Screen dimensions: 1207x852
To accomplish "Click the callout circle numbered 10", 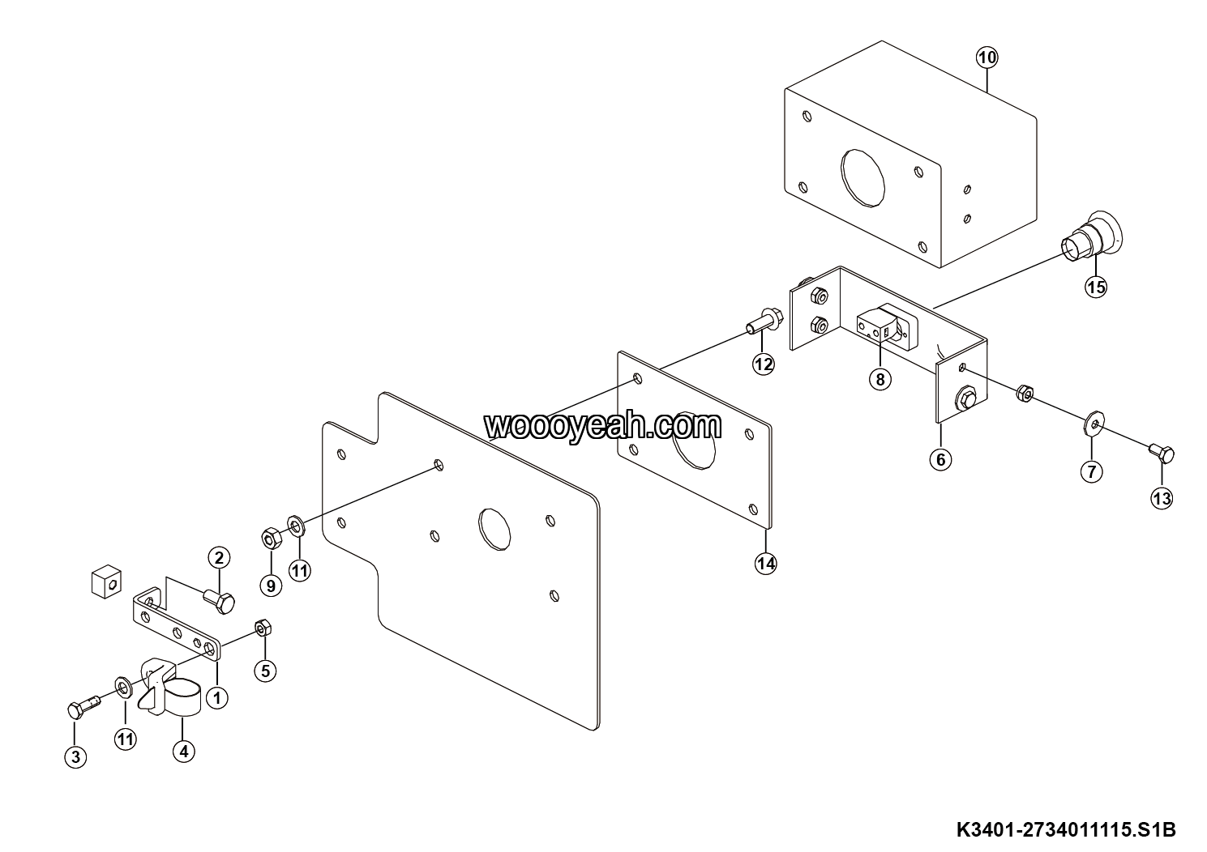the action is point(987,58).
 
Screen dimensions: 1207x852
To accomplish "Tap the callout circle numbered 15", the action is point(1096,287).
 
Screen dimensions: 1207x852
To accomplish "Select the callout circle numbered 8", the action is point(880,380).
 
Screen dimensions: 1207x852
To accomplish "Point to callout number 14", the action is point(766,564).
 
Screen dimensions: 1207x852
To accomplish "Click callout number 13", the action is point(1162,499).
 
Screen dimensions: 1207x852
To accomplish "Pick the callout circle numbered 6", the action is point(941,460).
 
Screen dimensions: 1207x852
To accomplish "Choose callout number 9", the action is point(271,585).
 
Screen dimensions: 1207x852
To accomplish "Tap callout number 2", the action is point(219,557).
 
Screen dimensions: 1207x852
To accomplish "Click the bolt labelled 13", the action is point(1161,454).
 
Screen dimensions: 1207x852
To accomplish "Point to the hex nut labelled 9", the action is point(271,538).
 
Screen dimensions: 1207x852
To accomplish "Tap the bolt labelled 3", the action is point(83,705).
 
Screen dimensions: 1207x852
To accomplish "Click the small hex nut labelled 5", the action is point(263,628).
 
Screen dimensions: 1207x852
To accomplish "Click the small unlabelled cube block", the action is point(106,581).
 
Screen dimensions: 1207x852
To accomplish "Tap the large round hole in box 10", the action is point(862,177).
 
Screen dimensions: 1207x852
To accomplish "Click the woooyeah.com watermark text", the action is point(602,426).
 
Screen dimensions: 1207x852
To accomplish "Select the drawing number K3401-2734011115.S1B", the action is point(1066,829).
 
